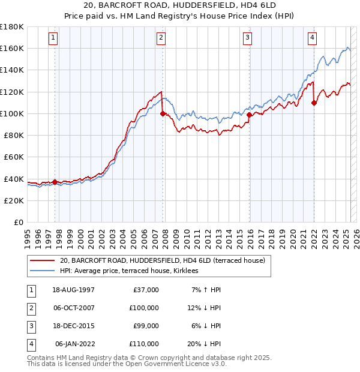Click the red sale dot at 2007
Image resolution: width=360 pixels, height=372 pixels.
(x=163, y=113)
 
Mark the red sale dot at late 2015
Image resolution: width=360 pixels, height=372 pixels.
(x=249, y=114)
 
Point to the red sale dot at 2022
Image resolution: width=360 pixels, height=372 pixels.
(x=314, y=103)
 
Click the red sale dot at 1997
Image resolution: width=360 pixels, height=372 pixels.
(x=55, y=182)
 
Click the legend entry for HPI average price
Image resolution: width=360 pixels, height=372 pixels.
(x=133, y=271)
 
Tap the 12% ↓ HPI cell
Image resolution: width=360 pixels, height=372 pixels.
(x=205, y=308)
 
